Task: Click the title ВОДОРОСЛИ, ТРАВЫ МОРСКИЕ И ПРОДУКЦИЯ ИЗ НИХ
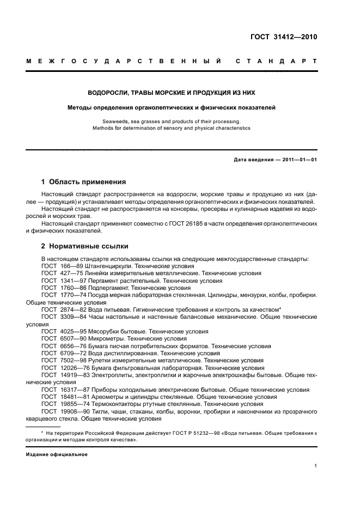point(172,93)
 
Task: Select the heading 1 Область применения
point(83,182)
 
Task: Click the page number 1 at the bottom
point(316,466)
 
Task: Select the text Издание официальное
point(57,454)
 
